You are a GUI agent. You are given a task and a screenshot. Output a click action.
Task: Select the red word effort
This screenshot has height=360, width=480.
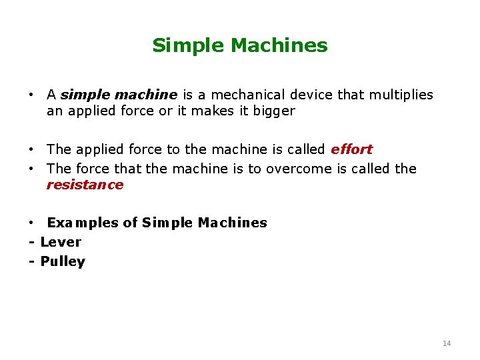pos(351,149)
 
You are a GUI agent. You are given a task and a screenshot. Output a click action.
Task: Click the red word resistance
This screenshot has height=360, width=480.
pos(85,185)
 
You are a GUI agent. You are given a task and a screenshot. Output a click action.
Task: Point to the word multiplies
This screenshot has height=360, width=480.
pos(401,95)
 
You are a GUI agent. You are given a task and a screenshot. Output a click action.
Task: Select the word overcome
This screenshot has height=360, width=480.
pos(298,168)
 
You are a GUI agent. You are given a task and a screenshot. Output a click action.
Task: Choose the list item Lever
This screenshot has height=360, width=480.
pos(61,242)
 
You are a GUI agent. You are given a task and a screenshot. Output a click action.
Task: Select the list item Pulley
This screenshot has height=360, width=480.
pos(63,261)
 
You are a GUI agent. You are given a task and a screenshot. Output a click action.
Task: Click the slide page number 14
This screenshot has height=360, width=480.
pos(446,343)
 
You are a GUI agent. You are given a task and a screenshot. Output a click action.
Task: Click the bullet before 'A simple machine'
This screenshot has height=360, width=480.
pos(31,95)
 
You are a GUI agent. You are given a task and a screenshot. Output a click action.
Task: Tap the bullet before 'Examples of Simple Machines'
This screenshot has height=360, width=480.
pos(31,223)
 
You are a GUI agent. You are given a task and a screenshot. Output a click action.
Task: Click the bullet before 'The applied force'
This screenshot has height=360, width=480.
pos(31,149)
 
